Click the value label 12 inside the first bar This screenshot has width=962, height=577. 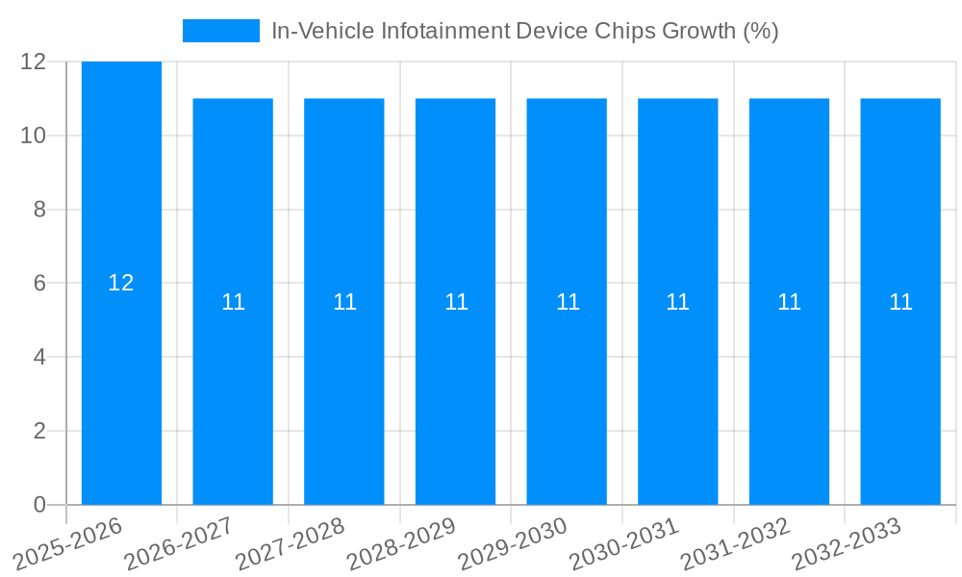(121, 283)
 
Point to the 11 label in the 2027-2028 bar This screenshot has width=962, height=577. (344, 302)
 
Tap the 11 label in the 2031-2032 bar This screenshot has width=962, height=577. (789, 302)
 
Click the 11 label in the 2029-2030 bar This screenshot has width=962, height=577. (568, 302)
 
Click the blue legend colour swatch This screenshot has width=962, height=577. (221, 31)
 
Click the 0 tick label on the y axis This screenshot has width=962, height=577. (39, 505)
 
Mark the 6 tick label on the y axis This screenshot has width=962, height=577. (39, 284)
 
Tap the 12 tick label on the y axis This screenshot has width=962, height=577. (34, 62)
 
